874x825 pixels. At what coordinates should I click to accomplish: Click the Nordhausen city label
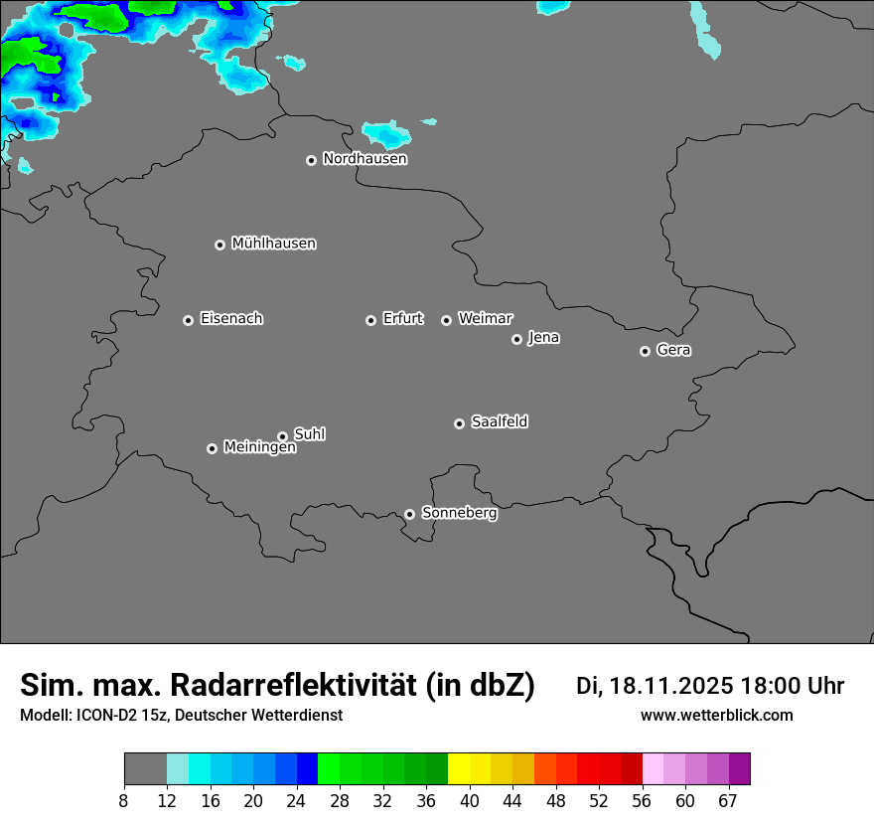coord(364,159)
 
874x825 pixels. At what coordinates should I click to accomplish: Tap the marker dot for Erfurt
coord(370,320)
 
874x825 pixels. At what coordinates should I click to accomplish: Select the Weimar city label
coord(485,319)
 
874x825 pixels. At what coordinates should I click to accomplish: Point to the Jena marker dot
coord(516,339)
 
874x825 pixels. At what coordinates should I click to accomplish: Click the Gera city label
coord(673,350)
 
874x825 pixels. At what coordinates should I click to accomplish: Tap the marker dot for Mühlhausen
coord(219,245)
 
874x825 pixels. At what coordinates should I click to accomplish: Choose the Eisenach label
coord(231,319)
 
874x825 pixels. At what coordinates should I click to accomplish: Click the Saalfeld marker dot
coord(459,423)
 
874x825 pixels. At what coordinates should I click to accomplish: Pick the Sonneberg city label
coord(459,513)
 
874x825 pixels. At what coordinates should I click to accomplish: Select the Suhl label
coord(309,434)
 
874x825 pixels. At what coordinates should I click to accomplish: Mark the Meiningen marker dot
coord(212,448)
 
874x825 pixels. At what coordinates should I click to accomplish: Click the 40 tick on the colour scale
coord(470,800)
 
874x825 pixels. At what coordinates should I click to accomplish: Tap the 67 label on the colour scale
coord(728,800)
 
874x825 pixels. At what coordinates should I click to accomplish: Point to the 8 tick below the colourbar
coord(123,800)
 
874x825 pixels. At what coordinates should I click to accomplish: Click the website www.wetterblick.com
coord(716,716)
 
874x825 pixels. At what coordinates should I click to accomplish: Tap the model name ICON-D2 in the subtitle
coord(101,716)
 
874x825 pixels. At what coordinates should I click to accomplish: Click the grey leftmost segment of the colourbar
coord(145,769)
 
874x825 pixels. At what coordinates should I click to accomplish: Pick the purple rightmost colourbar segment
coord(739,769)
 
